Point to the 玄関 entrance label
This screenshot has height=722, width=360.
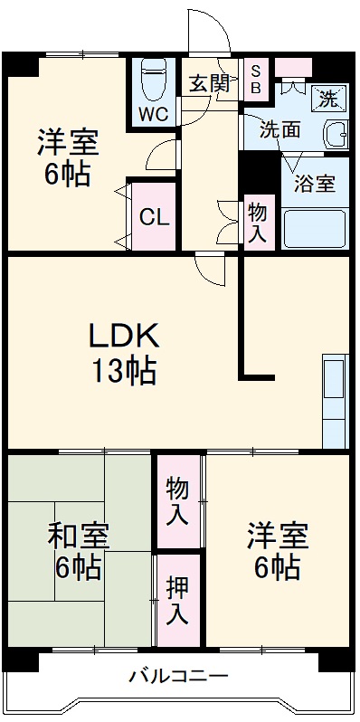point(209,83)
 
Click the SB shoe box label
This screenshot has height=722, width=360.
point(256,79)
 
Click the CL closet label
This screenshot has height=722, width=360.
point(153,218)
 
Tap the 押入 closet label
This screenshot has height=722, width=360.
point(178,600)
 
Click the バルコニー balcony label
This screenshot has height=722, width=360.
point(178,676)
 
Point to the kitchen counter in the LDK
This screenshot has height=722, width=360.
point(334,402)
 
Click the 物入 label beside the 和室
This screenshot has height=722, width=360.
point(177,502)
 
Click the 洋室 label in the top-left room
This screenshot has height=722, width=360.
point(68,142)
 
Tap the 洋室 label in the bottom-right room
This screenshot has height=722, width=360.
point(278,536)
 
